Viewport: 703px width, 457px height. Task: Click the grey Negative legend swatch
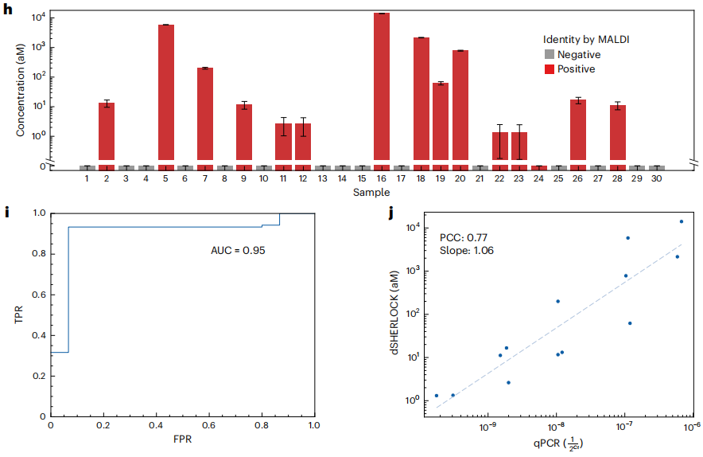pyautogui.click(x=549, y=55)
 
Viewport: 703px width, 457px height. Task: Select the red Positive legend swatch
pyautogui.click(x=549, y=69)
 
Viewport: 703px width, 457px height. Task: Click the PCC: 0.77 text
pyautogui.click(x=464, y=236)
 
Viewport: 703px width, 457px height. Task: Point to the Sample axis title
pyautogui.click(x=372, y=193)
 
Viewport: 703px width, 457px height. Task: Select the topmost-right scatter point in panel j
pyautogui.click(x=681, y=221)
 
